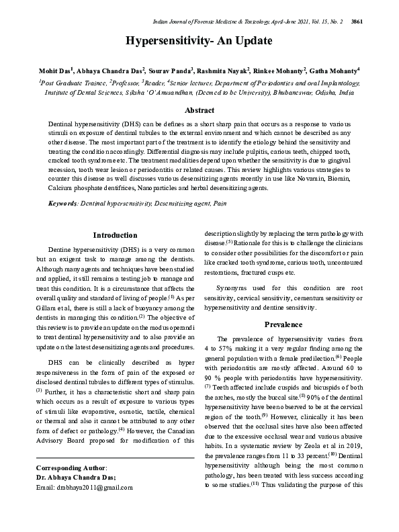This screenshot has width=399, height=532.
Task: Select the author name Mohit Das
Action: point(54,70)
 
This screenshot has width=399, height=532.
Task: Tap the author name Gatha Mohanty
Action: point(335,70)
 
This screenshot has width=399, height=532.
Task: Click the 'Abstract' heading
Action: point(199,110)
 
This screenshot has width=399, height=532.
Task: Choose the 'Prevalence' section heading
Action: point(283,324)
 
